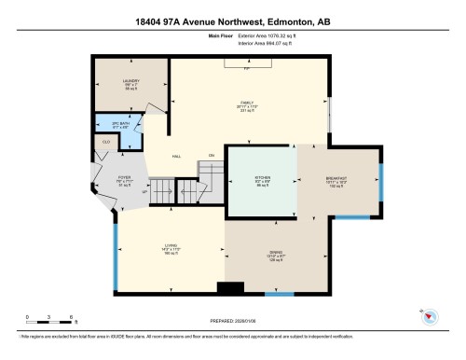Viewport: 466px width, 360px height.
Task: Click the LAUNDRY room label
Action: (130, 82)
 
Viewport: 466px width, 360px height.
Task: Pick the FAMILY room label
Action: (248, 102)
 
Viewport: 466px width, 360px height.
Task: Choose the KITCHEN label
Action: (262, 178)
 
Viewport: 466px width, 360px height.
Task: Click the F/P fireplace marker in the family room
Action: (247, 68)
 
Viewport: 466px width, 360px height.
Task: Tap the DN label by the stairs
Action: (212, 155)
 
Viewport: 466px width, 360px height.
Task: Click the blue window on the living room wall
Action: (116, 247)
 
